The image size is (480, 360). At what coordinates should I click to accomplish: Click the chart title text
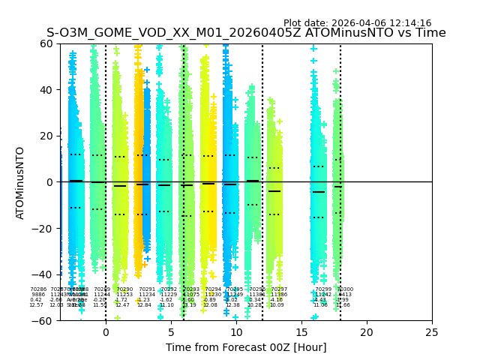246,33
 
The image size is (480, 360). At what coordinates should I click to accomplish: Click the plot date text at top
357,23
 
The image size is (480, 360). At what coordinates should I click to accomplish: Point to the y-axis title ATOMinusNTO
21,182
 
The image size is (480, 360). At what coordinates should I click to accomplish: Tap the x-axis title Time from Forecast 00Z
246,347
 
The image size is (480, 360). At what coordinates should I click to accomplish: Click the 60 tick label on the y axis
46,43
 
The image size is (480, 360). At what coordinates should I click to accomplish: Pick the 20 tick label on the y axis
46,136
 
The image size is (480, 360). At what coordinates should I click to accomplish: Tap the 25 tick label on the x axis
432,332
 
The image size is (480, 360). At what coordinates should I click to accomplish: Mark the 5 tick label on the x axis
170,332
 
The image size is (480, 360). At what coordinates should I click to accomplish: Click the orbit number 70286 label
37,289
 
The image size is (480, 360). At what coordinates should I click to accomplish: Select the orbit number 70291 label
147,289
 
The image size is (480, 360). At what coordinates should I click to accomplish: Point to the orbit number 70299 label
322,289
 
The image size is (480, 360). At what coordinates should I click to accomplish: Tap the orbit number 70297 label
279,289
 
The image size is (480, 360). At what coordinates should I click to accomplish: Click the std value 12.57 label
36,305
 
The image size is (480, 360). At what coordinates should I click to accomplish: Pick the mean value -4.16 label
276,300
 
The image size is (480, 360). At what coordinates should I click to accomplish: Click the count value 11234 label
147,295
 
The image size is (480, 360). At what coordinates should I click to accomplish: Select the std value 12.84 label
144,305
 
